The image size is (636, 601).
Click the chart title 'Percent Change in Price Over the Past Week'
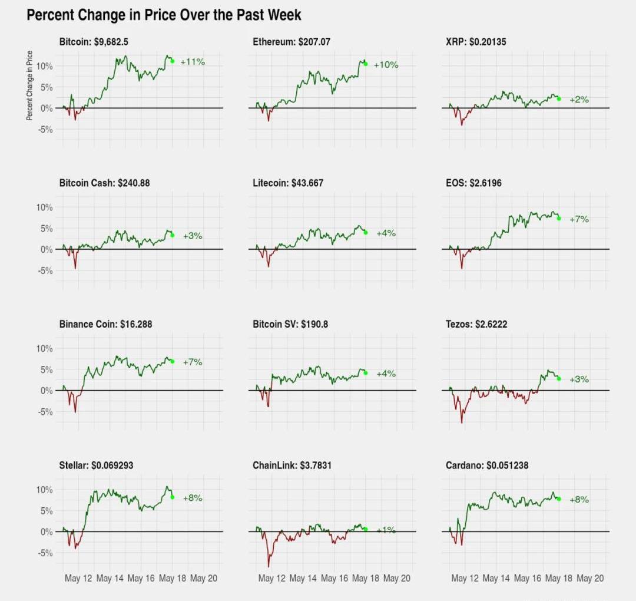click(x=164, y=15)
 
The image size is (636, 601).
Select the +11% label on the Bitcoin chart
click(x=193, y=62)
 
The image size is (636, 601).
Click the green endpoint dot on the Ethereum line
click(x=366, y=64)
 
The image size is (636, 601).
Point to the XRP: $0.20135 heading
click(x=476, y=42)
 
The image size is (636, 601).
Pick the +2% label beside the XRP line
click(x=579, y=100)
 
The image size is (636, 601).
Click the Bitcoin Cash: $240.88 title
click(x=104, y=183)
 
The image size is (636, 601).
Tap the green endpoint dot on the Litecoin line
click(x=366, y=233)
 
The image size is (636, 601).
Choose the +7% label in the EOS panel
click(x=579, y=219)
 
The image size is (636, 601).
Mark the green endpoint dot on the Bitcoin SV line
click(x=366, y=373)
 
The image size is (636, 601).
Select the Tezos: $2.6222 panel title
click(x=476, y=324)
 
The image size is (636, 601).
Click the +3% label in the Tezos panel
click(x=579, y=379)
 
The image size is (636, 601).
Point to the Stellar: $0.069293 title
click(x=96, y=465)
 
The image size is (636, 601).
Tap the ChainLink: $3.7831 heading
click(x=292, y=465)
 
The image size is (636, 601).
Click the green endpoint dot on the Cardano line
click(x=558, y=499)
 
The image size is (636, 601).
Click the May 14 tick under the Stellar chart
click(x=110, y=579)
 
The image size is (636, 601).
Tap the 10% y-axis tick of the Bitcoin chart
click(x=45, y=66)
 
